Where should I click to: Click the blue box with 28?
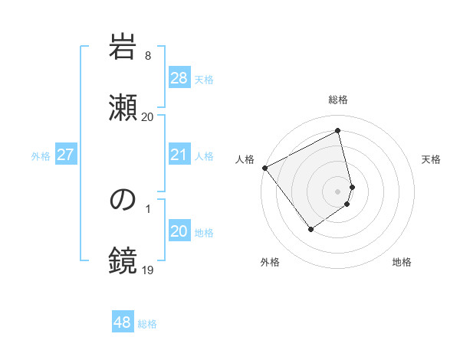(x=179, y=78)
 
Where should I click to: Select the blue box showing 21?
(x=179, y=155)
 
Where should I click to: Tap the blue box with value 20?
(x=179, y=231)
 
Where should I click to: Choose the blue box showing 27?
(x=66, y=155)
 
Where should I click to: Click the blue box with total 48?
(x=123, y=322)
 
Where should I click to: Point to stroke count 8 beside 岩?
(x=148, y=56)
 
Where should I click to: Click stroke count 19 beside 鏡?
(x=148, y=270)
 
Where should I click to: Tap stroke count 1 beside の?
(x=148, y=208)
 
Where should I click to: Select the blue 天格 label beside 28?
(x=204, y=79)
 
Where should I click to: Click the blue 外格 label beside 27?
(x=41, y=155)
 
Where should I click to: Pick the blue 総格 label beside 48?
(x=147, y=323)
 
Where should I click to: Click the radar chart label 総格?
(x=338, y=100)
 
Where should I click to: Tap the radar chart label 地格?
(x=402, y=262)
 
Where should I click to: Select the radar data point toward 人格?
(x=264, y=168)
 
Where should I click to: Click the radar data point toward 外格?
(x=310, y=228)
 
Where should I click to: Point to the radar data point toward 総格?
(x=338, y=131)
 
